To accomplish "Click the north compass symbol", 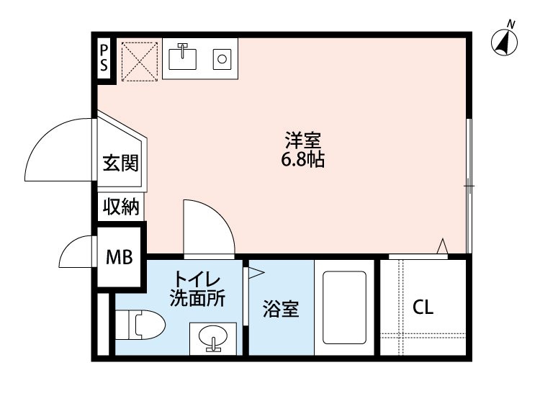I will click(505, 41).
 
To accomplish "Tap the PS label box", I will click(104, 58).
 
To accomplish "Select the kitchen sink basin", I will click(184, 56).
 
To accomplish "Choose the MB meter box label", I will click(120, 257).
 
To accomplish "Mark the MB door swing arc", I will click(76, 252).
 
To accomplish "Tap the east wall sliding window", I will click(469, 186).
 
